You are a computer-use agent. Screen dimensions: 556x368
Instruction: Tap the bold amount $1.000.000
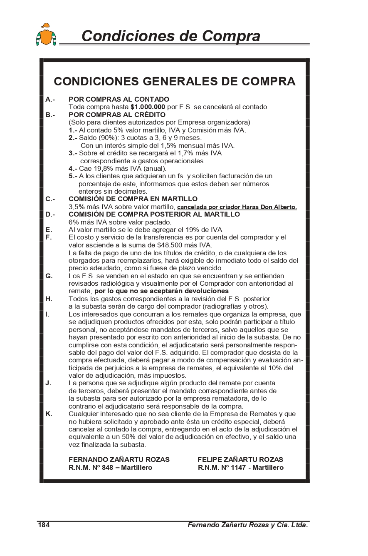tap(148, 107)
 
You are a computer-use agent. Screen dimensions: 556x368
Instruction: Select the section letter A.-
tap(50, 100)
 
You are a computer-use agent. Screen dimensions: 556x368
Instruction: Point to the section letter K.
tap(49, 414)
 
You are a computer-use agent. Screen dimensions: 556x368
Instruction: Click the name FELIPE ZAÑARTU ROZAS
tap(240, 460)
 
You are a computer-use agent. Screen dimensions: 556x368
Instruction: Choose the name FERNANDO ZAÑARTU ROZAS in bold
tap(119, 460)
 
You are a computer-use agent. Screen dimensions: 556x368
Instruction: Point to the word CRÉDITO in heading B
tap(150, 115)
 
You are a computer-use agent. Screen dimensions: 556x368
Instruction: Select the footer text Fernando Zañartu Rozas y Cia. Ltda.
tap(248, 525)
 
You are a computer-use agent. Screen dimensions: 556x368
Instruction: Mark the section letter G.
tap(49, 276)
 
